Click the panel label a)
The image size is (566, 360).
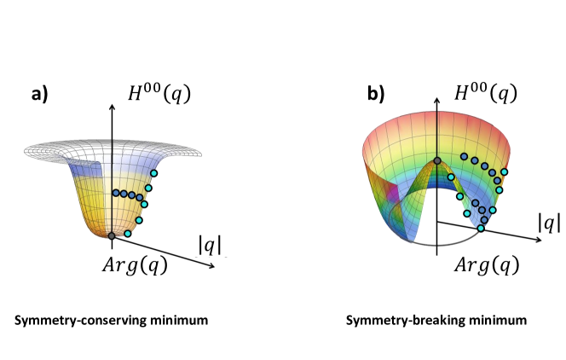click(39, 95)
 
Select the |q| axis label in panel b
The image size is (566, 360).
click(549, 222)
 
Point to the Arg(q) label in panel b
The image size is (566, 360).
click(483, 264)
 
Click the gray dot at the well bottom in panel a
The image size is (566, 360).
click(112, 235)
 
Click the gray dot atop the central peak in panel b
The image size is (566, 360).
click(437, 161)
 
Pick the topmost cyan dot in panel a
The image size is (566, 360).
click(153, 174)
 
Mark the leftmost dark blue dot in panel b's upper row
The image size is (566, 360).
click(465, 156)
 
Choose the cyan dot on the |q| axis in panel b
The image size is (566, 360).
click(482, 228)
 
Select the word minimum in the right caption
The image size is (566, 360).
click(503, 320)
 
